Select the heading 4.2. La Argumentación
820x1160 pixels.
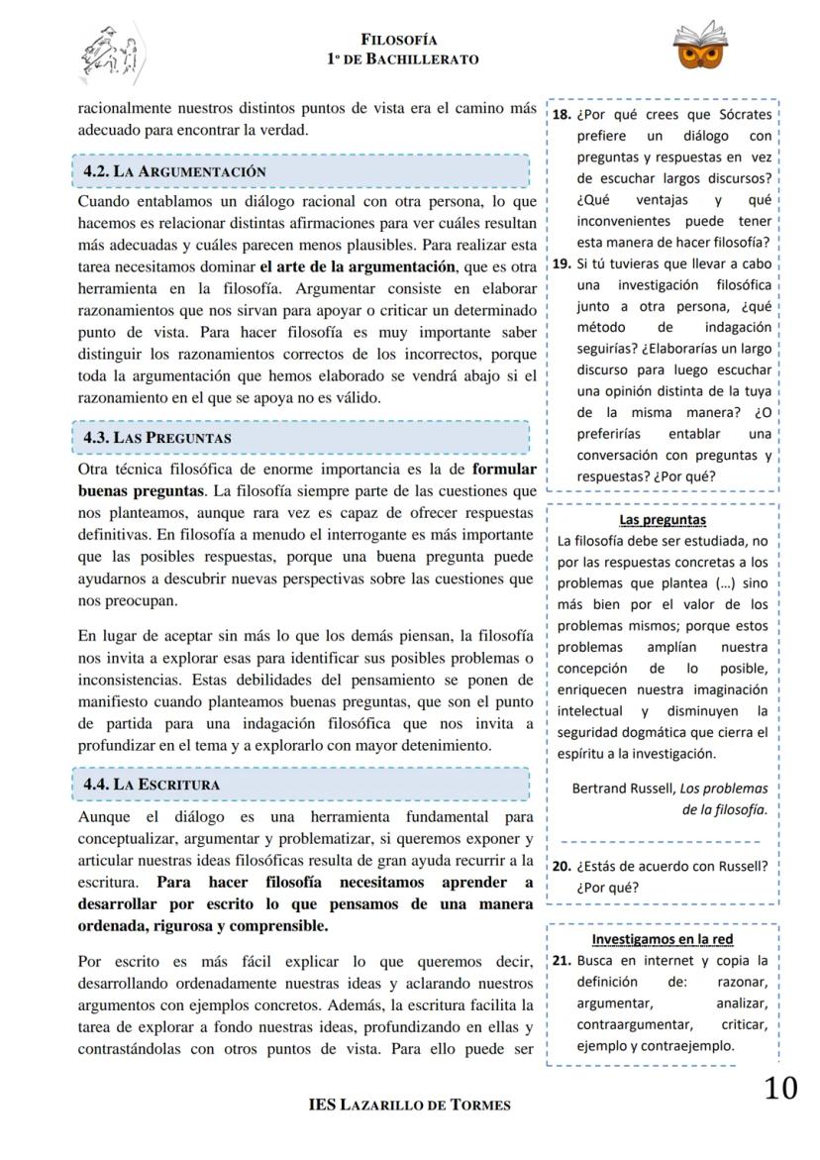[174, 171]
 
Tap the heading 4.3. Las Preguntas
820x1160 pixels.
[156, 437]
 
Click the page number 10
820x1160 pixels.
[780, 1089]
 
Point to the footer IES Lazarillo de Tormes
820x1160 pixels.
[410, 1105]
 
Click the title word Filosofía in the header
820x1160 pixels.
[399, 40]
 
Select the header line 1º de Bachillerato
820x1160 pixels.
[402, 59]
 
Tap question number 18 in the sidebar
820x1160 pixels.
[561, 114]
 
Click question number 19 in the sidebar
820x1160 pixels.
[561, 264]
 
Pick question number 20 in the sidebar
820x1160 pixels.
[561, 866]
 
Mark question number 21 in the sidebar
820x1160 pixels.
[561, 960]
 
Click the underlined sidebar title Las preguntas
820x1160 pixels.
[662, 519]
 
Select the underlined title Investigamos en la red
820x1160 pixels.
[662, 938]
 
